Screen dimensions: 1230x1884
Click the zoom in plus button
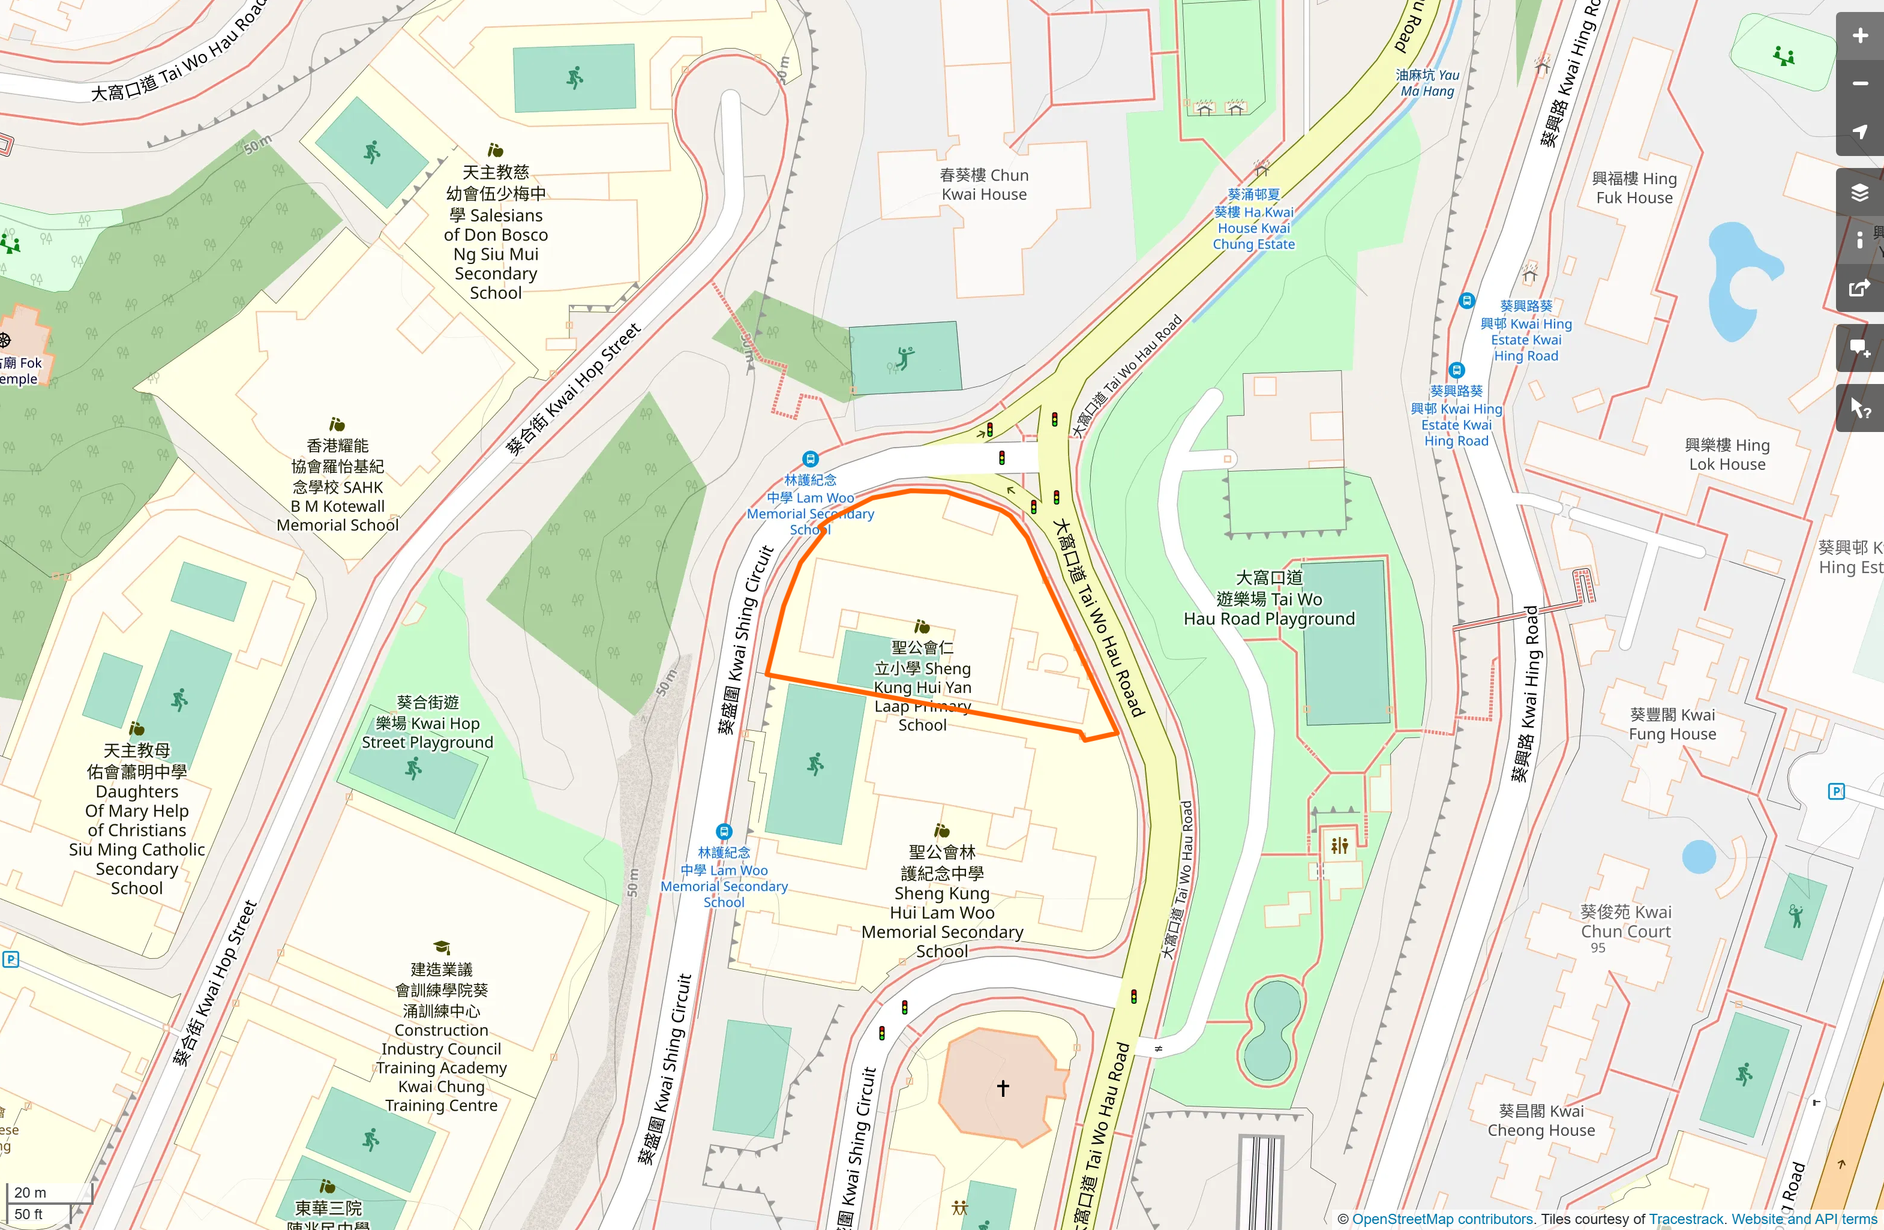(x=1859, y=36)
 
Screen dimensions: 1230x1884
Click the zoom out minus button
(x=1859, y=84)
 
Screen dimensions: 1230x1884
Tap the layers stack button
(x=1859, y=192)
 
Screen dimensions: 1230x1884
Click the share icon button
(x=1859, y=289)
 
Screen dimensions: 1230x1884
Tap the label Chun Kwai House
(x=984, y=185)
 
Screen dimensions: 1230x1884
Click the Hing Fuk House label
(x=1634, y=188)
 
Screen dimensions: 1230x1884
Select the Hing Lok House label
(x=1727, y=455)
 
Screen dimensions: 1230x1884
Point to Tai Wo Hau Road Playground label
(x=1269, y=598)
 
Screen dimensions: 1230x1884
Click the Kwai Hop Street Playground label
(x=427, y=722)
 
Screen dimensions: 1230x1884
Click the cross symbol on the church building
(x=1003, y=1087)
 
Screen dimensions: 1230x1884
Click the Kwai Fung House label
(x=1672, y=724)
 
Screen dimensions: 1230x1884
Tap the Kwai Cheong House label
(x=1541, y=1121)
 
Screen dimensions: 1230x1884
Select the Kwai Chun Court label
(x=1625, y=921)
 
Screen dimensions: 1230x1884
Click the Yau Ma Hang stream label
(x=1427, y=83)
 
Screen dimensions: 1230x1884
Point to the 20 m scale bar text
(x=30, y=1192)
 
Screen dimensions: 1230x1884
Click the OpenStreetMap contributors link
(x=1442, y=1219)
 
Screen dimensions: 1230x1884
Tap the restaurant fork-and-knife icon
(x=1339, y=846)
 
